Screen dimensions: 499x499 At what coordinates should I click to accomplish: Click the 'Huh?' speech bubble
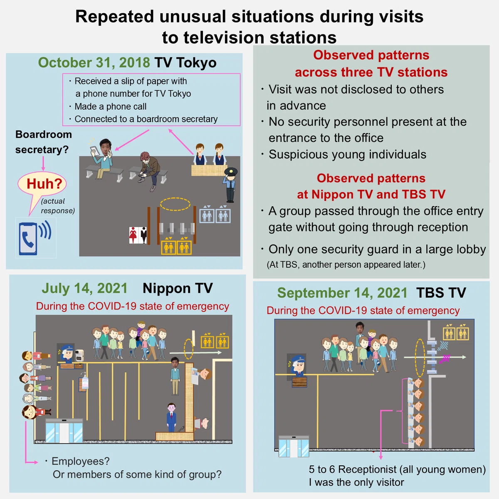pyautogui.click(x=42, y=184)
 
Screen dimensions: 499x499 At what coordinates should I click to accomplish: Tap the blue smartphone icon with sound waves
pyautogui.click(x=35, y=238)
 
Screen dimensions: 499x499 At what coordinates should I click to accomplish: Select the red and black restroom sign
pyautogui.click(x=138, y=235)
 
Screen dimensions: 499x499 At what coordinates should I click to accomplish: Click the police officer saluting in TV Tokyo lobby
pyautogui.click(x=230, y=185)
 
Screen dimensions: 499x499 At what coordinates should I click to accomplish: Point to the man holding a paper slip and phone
pyautogui.click(x=102, y=158)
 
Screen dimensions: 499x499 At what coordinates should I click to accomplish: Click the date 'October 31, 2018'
pyautogui.click(x=94, y=63)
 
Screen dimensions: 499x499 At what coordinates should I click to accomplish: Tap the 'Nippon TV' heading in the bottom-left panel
pyautogui.click(x=178, y=288)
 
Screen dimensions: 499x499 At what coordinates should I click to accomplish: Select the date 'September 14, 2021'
pyautogui.click(x=342, y=293)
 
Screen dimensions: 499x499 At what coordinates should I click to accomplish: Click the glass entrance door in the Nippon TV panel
pyautogui.click(x=64, y=431)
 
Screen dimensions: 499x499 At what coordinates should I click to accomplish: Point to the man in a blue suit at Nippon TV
pyautogui.click(x=171, y=417)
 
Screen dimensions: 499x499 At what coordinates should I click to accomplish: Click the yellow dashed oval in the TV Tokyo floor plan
pyautogui.click(x=175, y=204)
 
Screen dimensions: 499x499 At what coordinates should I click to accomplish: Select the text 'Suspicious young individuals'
pyautogui.click(x=347, y=154)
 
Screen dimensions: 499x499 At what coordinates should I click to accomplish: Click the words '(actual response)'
pyautogui.click(x=57, y=206)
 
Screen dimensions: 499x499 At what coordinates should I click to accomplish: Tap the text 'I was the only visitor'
pyautogui.click(x=356, y=482)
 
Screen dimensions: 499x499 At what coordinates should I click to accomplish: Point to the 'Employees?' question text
pyautogui.click(x=81, y=461)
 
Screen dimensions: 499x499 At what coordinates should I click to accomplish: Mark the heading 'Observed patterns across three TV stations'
pyautogui.click(x=371, y=64)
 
